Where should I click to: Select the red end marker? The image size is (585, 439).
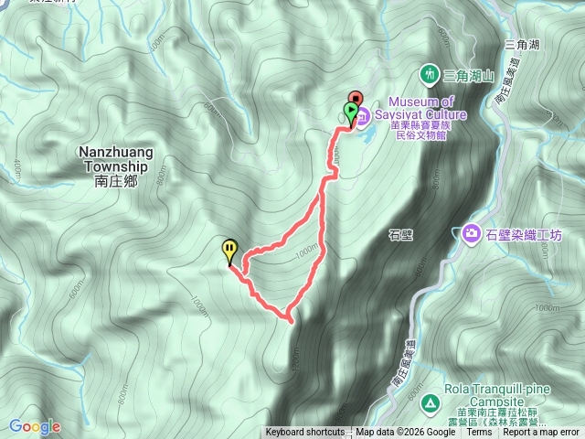pyautogui.click(x=356, y=101)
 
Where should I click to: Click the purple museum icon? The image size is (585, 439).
pyautogui.click(x=363, y=116)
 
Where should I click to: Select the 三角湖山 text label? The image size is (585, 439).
pyautogui.click(x=469, y=73)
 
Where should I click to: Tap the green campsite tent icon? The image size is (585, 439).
pyautogui.click(x=430, y=401)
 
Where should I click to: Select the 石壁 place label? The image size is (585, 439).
pyautogui.click(x=401, y=235)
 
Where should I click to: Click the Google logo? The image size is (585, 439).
pyautogui.click(x=35, y=426)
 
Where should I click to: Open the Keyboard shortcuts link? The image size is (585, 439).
pyautogui.click(x=305, y=433)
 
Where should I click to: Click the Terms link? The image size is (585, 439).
pyautogui.click(x=479, y=433)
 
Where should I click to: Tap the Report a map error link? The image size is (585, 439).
pyautogui.click(x=542, y=433)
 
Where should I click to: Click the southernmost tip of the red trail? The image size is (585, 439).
pyautogui.click(x=291, y=320)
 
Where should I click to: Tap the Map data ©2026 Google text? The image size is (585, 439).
pyautogui.click(x=405, y=433)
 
